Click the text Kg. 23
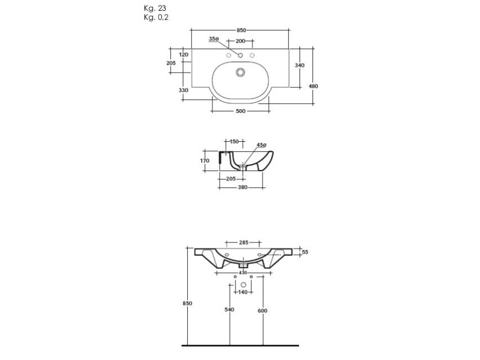coord(155,8)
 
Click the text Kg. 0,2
coord(156,17)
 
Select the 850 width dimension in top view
coord(241,29)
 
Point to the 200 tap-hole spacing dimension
coord(241,42)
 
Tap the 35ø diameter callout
coord(214,39)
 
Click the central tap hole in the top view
coord(241,55)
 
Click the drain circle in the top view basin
coord(241,72)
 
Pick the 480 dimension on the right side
coord(314,86)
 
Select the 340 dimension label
coord(300,65)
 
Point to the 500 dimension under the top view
coord(241,111)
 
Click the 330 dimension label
coord(183,90)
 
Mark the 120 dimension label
coord(183,54)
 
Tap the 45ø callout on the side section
coord(261,145)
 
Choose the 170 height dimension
coord(205,161)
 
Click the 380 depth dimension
coord(242,187)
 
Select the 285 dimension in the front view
coord(243,242)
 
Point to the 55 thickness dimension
coord(305,253)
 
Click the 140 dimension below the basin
coord(243,292)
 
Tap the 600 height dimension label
coord(262,310)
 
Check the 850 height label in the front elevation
coord(188,303)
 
